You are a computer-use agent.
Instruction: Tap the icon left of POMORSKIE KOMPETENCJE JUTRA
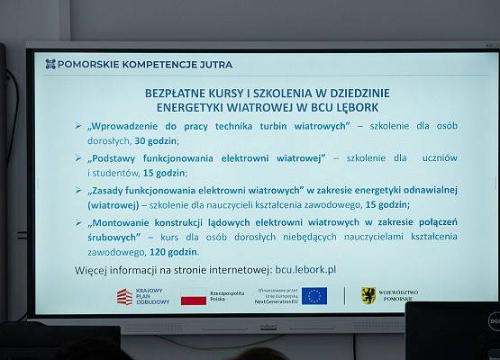(x=50, y=64)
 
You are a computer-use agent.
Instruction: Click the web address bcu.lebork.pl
(x=305, y=269)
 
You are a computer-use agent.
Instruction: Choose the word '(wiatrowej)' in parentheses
(x=117, y=204)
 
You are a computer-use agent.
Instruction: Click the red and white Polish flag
(x=195, y=296)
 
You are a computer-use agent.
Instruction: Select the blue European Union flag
(x=314, y=296)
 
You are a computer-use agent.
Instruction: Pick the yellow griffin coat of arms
(x=368, y=296)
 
